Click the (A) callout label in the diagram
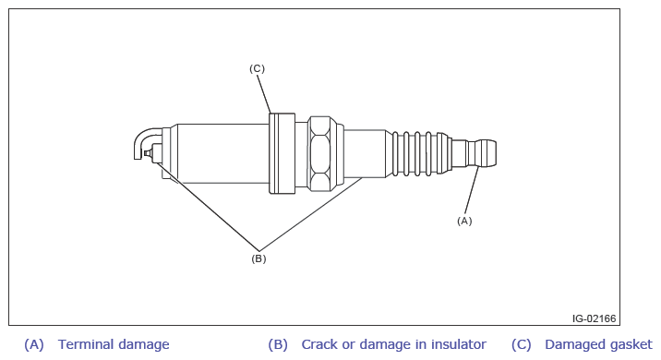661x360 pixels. (464, 221)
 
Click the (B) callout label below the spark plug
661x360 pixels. (258, 258)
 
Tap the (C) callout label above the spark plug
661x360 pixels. (257, 68)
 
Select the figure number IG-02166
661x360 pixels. (594, 318)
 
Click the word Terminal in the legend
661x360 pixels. (85, 344)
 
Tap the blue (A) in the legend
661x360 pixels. (34, 345)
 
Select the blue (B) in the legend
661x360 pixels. (278, 345)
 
